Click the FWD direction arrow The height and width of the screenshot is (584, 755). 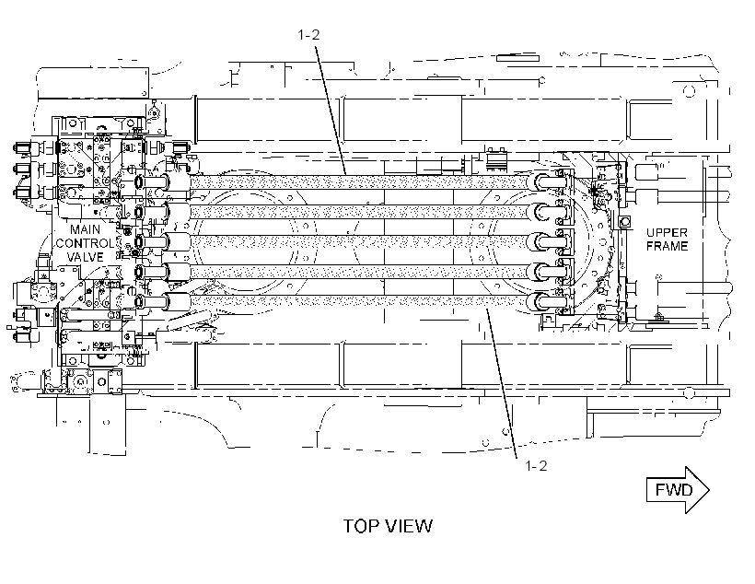pos(678,490)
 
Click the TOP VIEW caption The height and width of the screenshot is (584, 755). pos(388,526)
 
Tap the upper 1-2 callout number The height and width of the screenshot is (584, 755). pos(308,35)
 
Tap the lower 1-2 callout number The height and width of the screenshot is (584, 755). pos(536,466)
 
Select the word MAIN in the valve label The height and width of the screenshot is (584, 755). pos(86,229)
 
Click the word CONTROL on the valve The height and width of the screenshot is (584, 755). pos(86,243)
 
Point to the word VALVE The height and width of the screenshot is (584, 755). pos(86,257)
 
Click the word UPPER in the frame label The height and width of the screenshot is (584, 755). pos(667,232)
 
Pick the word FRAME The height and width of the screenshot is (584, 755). pos(667,246)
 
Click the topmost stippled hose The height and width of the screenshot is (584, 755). pos(360,182)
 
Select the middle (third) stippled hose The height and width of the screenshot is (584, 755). pos(360,241)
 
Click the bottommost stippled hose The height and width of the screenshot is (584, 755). pos(360,301)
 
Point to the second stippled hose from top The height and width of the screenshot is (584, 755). pos(360,212)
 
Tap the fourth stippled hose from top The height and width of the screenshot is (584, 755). pos(360,272)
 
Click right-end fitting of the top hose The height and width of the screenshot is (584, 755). pos(548,182)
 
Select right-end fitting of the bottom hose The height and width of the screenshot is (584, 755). pos(548,302)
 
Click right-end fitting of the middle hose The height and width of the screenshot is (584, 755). pos(548,242)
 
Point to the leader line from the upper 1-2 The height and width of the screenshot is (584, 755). pos(331,111)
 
